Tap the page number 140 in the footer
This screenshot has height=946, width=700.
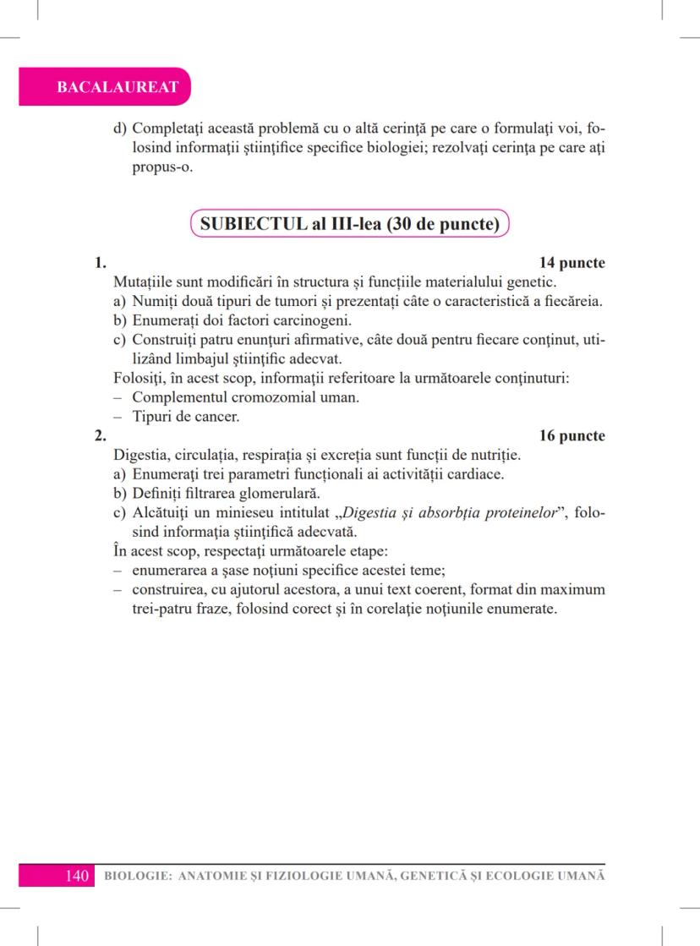pyautogui.click(x=77, y=875)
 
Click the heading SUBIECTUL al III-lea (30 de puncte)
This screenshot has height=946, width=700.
pyautogui.click(x=349, y=226)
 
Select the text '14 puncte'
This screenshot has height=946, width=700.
pyautogui.click(x=571, y=263)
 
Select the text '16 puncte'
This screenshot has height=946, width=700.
pyautogui.click(x=571, y=435)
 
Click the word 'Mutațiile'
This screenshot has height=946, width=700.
pyautogui.click(x=143, y=281)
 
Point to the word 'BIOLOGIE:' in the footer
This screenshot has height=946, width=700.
pyautogui.click(x=134, y=876)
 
